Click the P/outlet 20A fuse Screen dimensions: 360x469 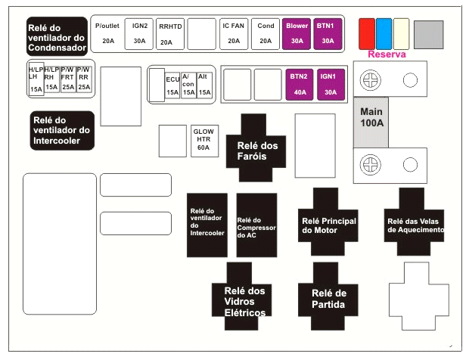click(x=108, y=33)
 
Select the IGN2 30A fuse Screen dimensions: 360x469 click(x=139, y=33)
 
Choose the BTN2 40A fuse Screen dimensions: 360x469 click(x=298, y=85)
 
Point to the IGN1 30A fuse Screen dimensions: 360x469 click(x=329, y=85)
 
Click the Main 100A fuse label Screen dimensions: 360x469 click(x=372, y=118)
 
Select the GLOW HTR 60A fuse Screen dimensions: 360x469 click(x=203, y=139)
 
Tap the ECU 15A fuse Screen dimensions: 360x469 click(x=172, y=85)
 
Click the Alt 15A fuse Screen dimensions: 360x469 click(x=203, y=85)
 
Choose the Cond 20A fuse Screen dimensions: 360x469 click(x=266, y=33)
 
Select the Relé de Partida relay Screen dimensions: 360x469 click(x=328, y=298)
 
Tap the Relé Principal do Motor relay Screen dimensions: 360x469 click(x=328, y=220)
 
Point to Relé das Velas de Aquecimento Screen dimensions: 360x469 click(x=414, y=220)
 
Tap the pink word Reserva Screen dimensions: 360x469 click(x=387, y=54)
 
